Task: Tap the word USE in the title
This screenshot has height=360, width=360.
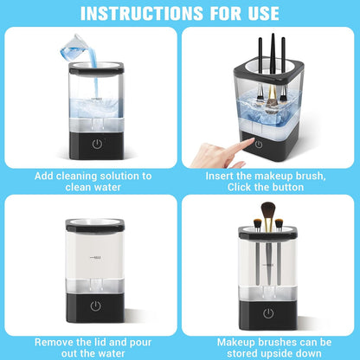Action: click(258, 13)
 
